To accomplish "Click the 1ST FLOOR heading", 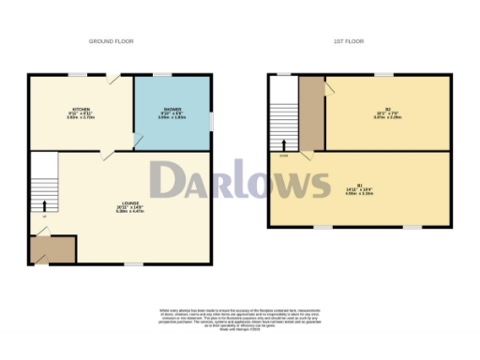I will click(x=350, y=42).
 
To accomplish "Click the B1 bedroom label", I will click(x=361, y=187).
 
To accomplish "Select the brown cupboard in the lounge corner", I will click(x=42, y=249).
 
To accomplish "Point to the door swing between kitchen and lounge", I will click(x=109, y=154).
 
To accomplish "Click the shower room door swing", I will click(x=138, y=141).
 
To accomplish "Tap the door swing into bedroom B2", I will click(x=330, y=87).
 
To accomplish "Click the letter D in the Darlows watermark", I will click(x=168, y=181).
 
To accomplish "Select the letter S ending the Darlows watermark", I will click(x=318, y=181).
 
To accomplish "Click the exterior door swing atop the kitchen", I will click(x=112, y=81).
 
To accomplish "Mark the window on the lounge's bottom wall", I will click(x=134, y=263).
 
